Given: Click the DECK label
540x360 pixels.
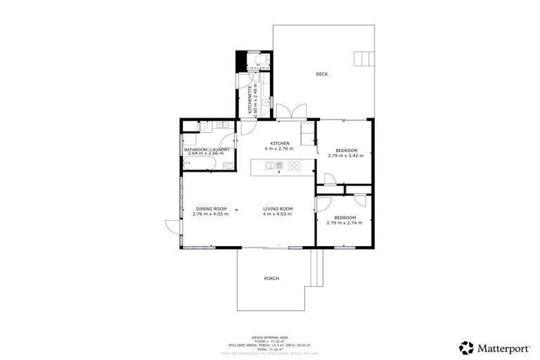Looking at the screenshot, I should click(x=322, y=74).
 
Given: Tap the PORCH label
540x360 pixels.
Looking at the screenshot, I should click(x=271, y=278).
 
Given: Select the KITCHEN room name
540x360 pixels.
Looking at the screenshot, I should click(x=280, y=144).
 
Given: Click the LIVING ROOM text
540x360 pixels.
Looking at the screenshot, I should click(x=278, y=209).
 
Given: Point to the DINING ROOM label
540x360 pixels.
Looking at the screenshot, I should click(x=211, y=209).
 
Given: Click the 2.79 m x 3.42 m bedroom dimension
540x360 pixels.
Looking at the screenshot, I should click(x=345, y=155).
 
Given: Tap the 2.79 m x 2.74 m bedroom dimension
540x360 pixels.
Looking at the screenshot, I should click(x=345, y=223).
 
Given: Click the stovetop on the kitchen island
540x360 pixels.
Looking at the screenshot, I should click(x=295, y=166).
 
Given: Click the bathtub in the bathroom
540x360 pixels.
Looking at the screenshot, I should click(x=198, y=165).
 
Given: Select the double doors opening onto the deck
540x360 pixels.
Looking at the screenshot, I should click(x=290, y=112).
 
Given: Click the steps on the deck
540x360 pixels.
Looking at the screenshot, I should click(x=363, y=58).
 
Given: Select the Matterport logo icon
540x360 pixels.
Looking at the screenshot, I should click(x=465, y=347).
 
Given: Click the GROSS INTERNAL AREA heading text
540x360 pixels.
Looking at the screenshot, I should click(x=270, y=337).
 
